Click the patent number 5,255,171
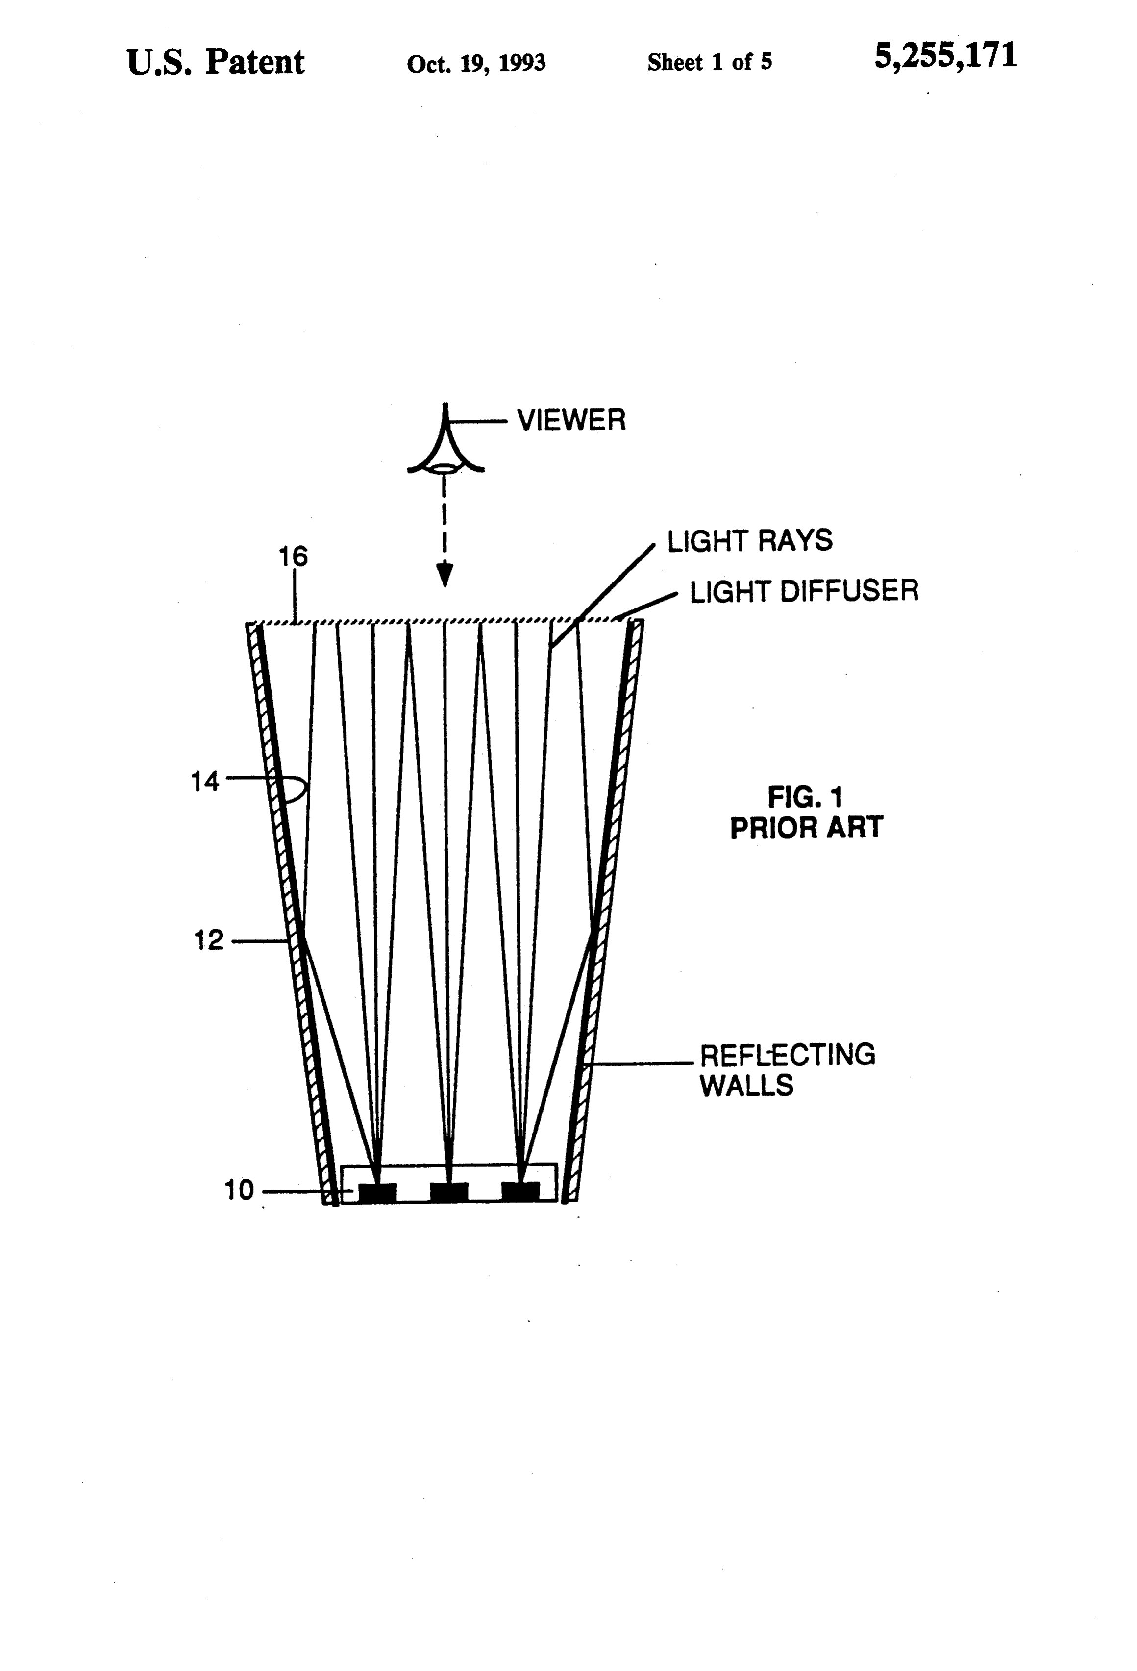tap(945, 56)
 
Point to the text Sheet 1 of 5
tap(709, 63)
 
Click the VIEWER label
tap(571, 421)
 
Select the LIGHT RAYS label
tap(750, 541)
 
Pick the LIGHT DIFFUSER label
tap(804, 591)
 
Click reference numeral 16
tap(293, 557)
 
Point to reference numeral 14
tap(205, 781)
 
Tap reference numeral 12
tap(209, 940)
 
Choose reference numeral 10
tap(239, 1190)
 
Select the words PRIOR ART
tap(806, 828)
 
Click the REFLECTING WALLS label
tap(788, 1070)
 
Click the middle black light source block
tap(449, 1192)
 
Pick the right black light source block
tap(520, 1192)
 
